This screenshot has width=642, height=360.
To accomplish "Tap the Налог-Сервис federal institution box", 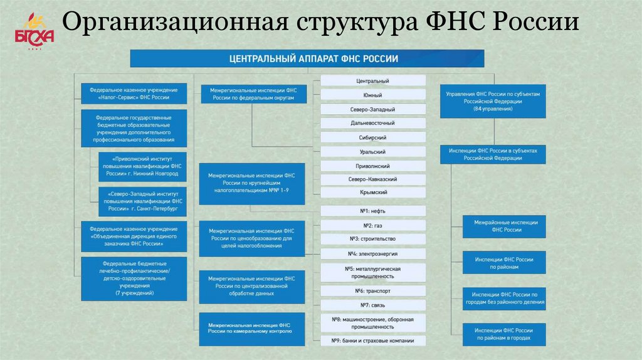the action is (134, 94).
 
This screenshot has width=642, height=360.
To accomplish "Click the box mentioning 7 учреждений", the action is (134, 278).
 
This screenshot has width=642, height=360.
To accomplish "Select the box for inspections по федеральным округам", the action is (252, 94).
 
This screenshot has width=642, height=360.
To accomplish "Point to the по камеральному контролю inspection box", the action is (252, 329).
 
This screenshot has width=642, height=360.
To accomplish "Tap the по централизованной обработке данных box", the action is (252, 286).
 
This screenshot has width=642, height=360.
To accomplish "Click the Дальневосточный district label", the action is (373, 123).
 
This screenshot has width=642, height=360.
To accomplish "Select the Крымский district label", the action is (373, 193).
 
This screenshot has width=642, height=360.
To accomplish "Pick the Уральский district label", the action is (373, 152).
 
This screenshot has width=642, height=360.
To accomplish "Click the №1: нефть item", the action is (373, 211).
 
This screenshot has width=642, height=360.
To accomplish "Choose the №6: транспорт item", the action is (373, 291).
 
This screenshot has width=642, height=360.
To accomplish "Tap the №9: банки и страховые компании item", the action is (373, 341).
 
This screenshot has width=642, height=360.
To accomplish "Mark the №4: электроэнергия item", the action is (373, 253).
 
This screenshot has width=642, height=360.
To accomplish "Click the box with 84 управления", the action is (493, 100).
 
